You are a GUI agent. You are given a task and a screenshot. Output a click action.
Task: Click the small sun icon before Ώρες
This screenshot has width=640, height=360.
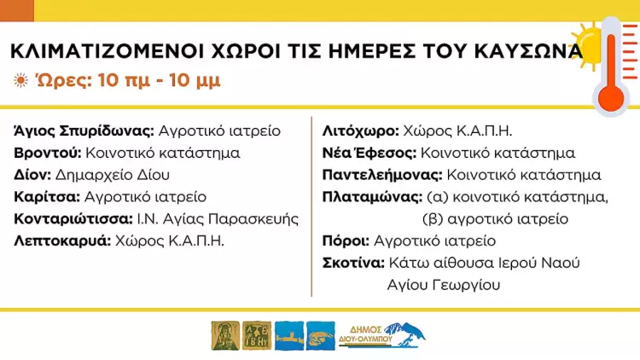(20, 81)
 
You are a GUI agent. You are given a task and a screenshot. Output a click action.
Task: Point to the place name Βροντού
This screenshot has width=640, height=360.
(48, 153)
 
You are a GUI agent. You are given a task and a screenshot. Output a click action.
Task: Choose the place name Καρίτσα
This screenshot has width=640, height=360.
(46, 197)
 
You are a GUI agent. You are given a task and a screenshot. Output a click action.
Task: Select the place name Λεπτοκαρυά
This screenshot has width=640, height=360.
(62, 241)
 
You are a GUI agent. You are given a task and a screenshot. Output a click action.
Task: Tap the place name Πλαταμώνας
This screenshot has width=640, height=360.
(372, 197)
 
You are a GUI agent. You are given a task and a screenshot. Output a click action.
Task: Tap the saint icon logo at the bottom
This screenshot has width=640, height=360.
(224, 335)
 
